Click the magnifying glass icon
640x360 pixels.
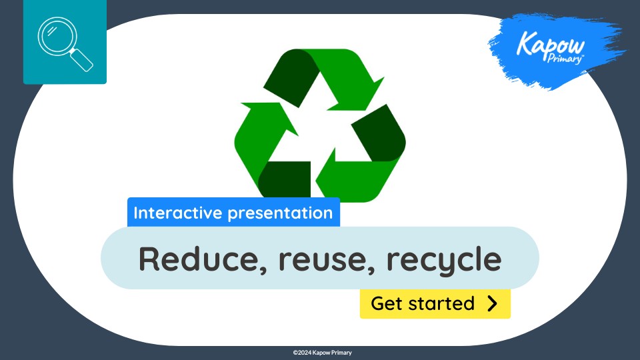coord(65,43)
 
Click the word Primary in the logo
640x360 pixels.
coord(567,58)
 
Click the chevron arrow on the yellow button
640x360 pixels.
coord(493,304)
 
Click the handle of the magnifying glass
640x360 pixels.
coord(82,59)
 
